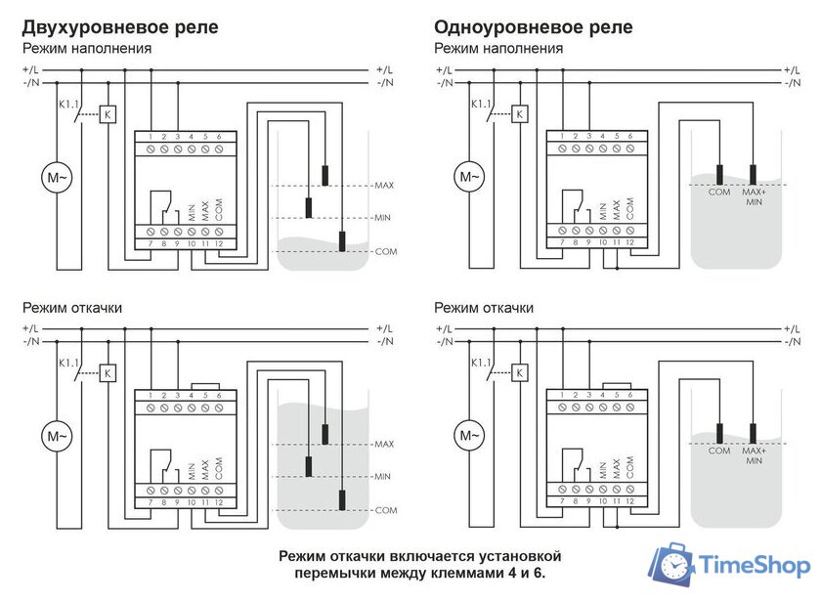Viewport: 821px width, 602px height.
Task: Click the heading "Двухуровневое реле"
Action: click(119, 26)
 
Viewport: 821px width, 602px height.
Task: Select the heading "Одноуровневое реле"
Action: click(533, 26)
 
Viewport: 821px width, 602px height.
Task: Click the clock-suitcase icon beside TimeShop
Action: click(673, 566)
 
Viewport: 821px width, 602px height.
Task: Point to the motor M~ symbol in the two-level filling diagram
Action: click(56, 178)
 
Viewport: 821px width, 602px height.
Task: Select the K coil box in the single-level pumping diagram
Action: click(520, 373)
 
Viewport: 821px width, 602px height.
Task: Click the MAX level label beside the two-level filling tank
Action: click(384, 185)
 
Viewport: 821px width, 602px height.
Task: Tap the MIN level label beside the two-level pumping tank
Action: click(383, 477)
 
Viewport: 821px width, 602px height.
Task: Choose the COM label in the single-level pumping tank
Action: click(718, 451)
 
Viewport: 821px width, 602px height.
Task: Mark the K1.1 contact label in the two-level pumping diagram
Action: click(68, 362)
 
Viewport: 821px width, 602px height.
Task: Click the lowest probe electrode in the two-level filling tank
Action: click(341, 241)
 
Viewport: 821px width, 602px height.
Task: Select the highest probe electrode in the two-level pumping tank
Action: click(324, 435)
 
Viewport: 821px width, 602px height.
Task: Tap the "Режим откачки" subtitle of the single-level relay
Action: click(484, 308)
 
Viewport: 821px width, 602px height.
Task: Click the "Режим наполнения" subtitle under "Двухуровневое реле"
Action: click(87, 48)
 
